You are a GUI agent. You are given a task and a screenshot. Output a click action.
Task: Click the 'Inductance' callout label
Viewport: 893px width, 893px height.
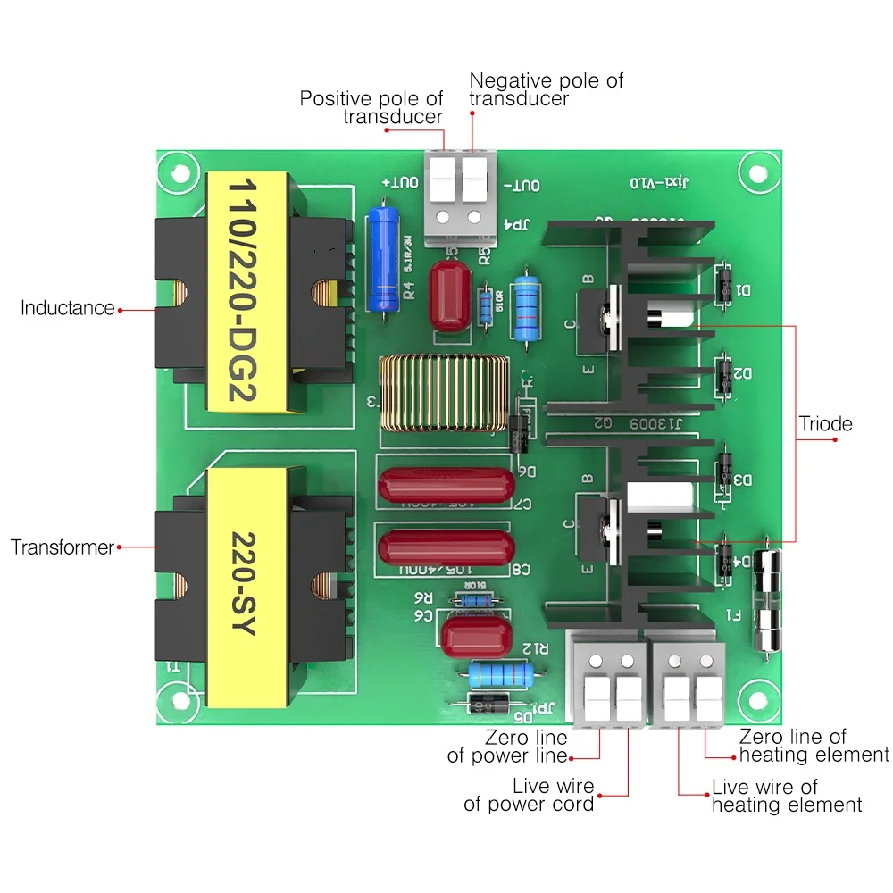click(x=68, y=308)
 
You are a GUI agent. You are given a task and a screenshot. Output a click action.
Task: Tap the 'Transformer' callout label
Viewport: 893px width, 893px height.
click(x=63, y=547)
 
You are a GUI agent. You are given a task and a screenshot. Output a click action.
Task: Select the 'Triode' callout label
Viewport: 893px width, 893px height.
click(x=825, y=423)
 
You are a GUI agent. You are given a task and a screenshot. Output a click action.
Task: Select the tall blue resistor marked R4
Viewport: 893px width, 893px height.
click(x=383, y=258)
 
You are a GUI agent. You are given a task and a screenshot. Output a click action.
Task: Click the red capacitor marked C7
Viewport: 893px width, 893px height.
click(x=446, y=487)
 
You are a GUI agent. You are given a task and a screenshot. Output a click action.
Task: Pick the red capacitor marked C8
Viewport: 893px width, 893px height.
click(x=446, y=547)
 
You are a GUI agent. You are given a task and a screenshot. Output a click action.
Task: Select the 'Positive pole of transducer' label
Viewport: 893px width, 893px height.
click(x=371, y=107)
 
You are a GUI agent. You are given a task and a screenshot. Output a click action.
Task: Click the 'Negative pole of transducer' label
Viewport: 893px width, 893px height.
click(x=546, y=89)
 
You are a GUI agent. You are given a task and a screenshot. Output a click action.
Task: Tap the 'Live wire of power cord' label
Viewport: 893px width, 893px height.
click(x=529, y=795)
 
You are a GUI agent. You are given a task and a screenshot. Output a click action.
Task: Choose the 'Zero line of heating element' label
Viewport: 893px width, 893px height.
click(x=813, y=746)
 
